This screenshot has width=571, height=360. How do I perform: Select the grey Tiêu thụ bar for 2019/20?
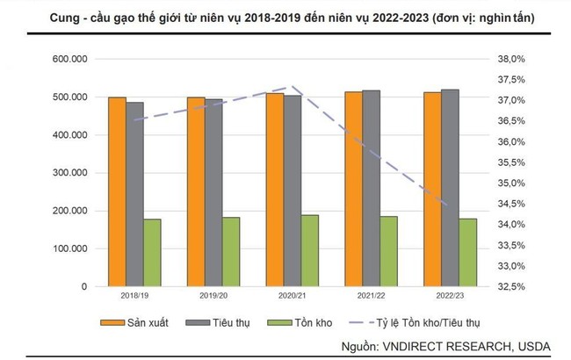(214, 192)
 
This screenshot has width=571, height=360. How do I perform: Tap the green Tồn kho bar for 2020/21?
(310, 250)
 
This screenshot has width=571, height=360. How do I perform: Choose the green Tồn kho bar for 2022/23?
(468, 252)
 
